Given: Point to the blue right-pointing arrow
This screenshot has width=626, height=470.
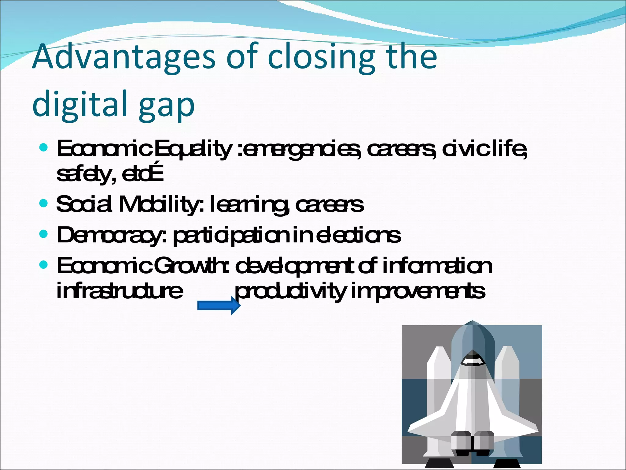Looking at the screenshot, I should (219, 306).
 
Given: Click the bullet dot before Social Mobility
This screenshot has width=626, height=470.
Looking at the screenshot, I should (44, 203).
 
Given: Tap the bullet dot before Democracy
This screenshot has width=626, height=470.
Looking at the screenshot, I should (44, 234).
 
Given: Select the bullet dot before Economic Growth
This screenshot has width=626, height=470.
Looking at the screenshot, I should (44, 265).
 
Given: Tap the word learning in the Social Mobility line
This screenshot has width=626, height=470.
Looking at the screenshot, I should (249, 205).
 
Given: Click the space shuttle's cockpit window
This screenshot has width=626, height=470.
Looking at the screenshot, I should (472, 361).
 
